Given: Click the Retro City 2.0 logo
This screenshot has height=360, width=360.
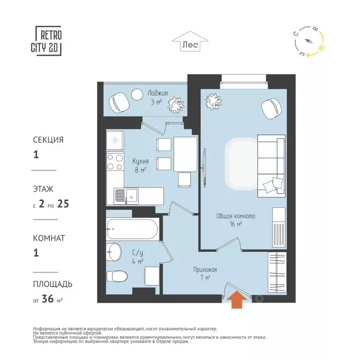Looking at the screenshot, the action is pyautogui.click(x=46, y=41).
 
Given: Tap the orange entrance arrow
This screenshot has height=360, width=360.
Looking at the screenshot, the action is pyautogui.click(x=237, y=299).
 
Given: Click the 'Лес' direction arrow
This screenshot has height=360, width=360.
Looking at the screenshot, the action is pyautogui.click(x=190, y=41).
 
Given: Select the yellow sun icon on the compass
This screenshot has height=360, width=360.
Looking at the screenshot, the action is pyautogui.click(x=321, y=48).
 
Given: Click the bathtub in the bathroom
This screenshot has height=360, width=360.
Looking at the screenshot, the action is pyautogui.click(x=133, y=229).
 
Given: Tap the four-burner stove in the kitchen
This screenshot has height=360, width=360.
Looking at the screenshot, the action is pyautogui.click(x=115, y=162).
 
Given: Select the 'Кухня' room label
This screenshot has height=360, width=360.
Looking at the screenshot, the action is pyautogui.click(x=141, y=161).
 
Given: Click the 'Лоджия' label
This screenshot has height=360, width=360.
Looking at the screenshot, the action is pyautogui.click(x=157, y=93).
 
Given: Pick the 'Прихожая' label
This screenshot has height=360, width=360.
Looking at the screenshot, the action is pyautogui.click(x=205, y=270).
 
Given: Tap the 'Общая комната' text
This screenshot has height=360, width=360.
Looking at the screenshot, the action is pyautogui.click(x=236, y=216).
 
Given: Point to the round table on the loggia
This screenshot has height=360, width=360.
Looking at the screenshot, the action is pyautogui.click(x=137, y=94).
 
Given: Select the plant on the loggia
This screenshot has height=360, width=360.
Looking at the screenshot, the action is pyautogui.click(x=176, y=105).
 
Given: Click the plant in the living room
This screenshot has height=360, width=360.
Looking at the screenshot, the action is pyautogui.click(x=214, y=101).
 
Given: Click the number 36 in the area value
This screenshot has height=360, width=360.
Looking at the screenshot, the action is pyautogui.click(x=48, y=299).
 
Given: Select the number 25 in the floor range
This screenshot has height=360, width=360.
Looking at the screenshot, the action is pyautogui.click(x=63, y=203).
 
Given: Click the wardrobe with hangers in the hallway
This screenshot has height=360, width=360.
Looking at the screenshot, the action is pyautogui.click(x=277, y=272).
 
